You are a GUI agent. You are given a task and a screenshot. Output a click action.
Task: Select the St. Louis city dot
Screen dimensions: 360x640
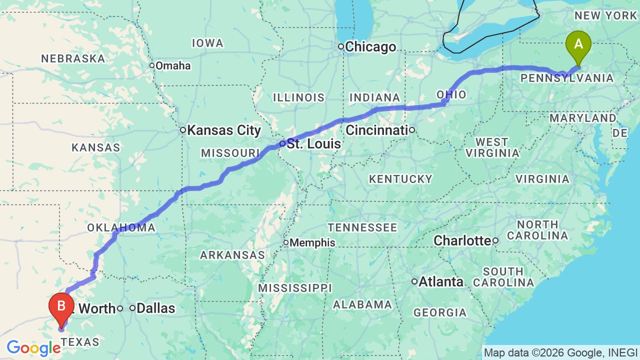pos(282,143)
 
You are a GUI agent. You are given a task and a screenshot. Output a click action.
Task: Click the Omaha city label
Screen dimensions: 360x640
pos(173,65)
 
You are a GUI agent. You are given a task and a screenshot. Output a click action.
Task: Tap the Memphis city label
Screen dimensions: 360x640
pos(312,242)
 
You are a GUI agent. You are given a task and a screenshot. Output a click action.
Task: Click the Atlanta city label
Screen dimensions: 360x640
pos(441,282)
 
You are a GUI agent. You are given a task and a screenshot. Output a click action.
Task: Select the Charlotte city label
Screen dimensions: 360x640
pos(462,240)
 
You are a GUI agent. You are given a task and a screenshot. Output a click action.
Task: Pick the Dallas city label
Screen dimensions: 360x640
pos(156,308)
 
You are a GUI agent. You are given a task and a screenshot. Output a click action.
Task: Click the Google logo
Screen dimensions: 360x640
pos(33,348)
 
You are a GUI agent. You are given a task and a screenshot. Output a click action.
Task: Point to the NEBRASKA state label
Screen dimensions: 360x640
pos(73,58)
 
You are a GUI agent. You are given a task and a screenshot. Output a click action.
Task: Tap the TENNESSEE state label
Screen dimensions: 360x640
pos(362,228)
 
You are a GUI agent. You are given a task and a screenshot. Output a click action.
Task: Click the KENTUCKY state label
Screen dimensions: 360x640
pos(400,179)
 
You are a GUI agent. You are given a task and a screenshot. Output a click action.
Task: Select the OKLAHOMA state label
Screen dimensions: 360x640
pos(121,228)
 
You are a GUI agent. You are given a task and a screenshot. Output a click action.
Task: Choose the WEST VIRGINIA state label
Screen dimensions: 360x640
pos(492,147)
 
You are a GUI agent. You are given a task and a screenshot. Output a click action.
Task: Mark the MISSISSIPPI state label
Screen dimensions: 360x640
pos(294,288)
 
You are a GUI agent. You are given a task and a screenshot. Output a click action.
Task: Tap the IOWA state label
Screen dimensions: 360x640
pos(207,43)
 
